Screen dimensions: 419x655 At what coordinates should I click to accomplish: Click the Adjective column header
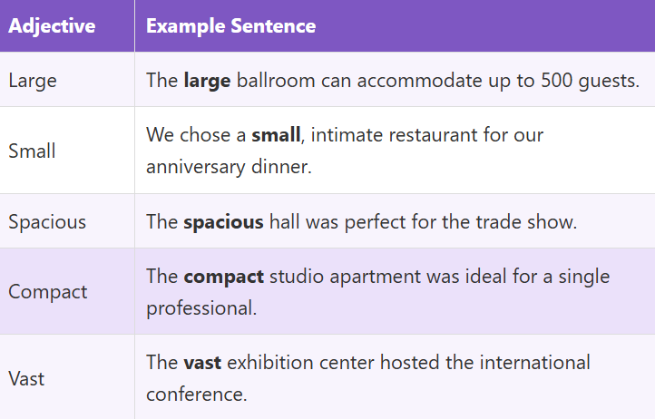52,26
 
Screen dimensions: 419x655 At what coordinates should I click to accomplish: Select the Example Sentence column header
230,26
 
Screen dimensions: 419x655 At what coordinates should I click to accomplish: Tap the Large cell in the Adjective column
33,80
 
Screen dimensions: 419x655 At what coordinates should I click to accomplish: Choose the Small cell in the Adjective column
32,151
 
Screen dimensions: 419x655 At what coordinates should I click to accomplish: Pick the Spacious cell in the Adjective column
47,221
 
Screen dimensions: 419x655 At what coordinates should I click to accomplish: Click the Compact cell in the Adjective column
48,292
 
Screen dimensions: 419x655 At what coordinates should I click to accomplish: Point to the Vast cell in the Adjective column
26,378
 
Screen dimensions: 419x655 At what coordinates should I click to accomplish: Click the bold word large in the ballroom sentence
207,80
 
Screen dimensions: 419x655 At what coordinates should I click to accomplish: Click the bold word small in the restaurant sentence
275,136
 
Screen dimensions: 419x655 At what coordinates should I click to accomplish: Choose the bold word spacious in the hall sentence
223,221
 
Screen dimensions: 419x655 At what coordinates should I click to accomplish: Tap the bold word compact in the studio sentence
223,277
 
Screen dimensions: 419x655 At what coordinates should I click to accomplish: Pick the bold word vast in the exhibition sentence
202,363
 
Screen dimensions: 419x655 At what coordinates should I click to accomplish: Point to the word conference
194,395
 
